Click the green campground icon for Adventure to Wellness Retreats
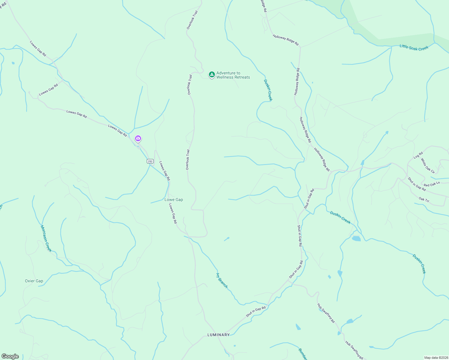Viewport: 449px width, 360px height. pos(212,74)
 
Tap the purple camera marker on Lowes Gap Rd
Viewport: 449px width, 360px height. pos(138,139)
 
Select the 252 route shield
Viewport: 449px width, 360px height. pos(150,161)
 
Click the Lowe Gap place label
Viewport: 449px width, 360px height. pos(174,200)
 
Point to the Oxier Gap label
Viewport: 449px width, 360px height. pos(34,281)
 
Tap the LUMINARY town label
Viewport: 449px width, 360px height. pos(218,335)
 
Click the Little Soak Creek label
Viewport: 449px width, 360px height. pos(414,47)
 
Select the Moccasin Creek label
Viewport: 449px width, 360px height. pos(46,238)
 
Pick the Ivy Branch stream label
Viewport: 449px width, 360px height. pos(222,280)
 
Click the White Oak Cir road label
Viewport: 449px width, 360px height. pos(428,166)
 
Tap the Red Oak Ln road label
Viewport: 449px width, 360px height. pos(432,184)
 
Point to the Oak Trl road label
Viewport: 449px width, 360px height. pos(424,200)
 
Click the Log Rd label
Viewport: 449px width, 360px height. pos(418,155)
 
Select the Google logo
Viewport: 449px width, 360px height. pos(10,356)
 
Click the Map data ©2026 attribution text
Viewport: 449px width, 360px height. pos(436,358)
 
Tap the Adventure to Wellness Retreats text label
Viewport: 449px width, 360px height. pos(233,75)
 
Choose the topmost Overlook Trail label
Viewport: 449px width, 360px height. pos(192,20)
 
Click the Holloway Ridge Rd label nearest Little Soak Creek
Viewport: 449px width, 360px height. pos(285,40)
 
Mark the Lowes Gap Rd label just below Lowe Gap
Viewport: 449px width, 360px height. pos(173,214)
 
